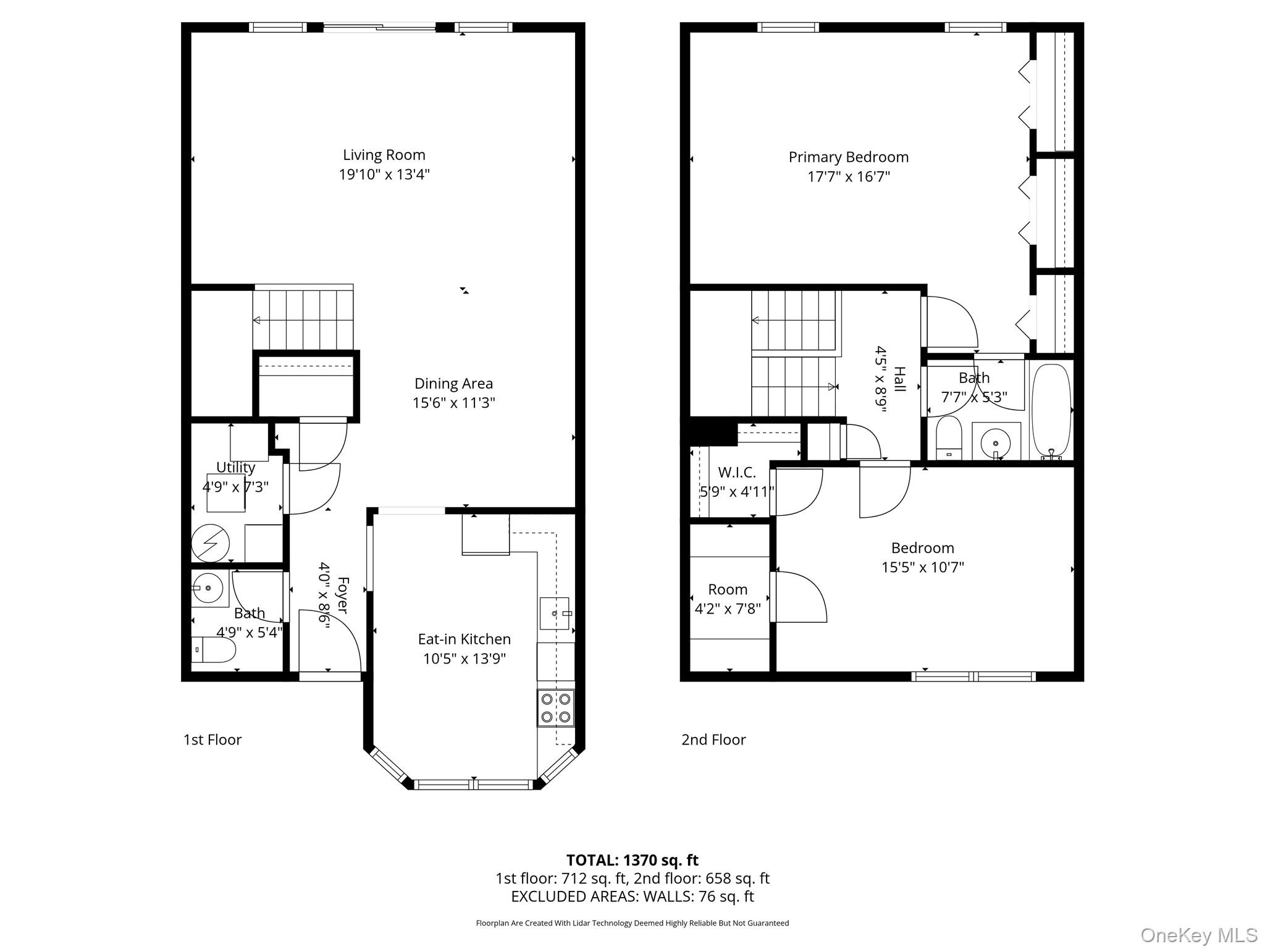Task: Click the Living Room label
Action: click(384, 154)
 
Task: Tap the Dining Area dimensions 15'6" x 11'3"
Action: click(453, 403)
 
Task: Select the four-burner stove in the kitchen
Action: click(555, 707)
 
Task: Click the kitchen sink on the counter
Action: click(554, 613)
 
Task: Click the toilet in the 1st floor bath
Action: click(213, 650)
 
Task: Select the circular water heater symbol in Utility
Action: click(210, 543)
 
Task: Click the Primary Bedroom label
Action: click(848, 157)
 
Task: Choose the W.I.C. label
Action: click(736, 473)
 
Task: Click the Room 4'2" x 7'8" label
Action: click(728, 599)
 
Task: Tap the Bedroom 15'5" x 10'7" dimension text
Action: click(922, 567)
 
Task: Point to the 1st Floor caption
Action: click(212, 740)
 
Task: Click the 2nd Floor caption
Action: click(713, 740)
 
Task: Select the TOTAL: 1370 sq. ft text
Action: click(632, 860)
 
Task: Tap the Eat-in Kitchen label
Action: click(464, 639)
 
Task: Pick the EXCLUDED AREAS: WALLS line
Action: click(632, 896)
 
